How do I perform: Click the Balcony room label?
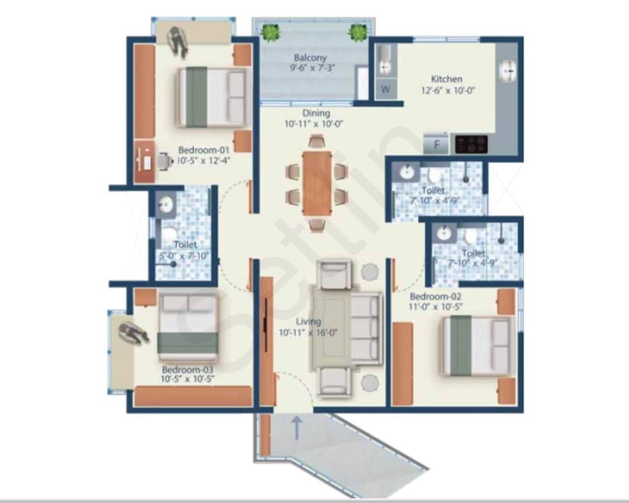point(310,58)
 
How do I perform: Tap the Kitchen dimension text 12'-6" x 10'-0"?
point(447,90)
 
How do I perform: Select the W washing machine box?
point(386,90)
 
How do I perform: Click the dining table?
point(317,182)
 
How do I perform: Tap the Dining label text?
point(316,113)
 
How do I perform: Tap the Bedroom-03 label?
point(188,370)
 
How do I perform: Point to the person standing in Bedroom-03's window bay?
point(133,334)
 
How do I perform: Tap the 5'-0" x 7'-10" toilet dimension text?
point(184,256)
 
